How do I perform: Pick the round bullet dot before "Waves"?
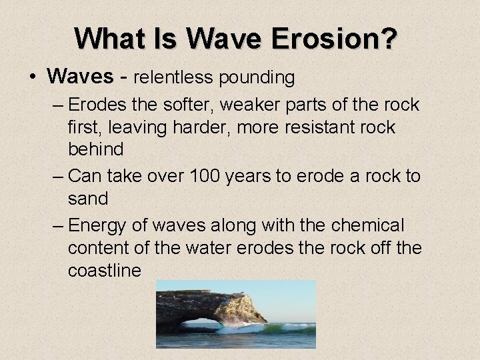[33, 78]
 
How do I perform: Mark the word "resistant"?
[318, 127]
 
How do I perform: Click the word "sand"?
[87, 199]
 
